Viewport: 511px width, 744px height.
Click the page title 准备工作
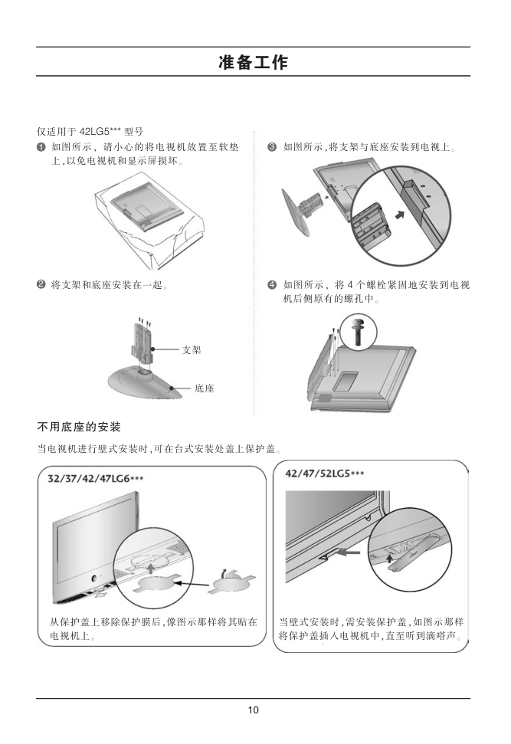[x=253, y=62]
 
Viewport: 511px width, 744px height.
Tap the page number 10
[x=253, y=710]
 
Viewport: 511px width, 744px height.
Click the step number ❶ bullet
[x=41, y=147]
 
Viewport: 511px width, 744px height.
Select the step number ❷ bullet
[x=41, y=285]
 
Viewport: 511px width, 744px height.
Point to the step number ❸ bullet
[x=272, y=147]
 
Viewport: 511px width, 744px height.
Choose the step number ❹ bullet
[x=272, y=285]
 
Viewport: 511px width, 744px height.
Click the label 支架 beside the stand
[x=192, y=349]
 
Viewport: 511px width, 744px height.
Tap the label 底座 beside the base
[x=205, y=388]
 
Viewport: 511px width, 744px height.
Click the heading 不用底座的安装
[x=79, y=427]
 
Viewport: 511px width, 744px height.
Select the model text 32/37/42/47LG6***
[x=95, y=478]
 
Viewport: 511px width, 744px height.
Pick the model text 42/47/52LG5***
[x=325, y=473]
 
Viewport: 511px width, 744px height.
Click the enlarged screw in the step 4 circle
[x=359, y=332]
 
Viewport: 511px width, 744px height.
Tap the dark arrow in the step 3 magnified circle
[x=401, y=215]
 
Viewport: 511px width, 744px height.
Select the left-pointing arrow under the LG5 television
[x=347, y=552]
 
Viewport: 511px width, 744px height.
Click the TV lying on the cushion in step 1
[x=146, y=206]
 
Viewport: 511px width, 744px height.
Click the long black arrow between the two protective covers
[x=194, y=583]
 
